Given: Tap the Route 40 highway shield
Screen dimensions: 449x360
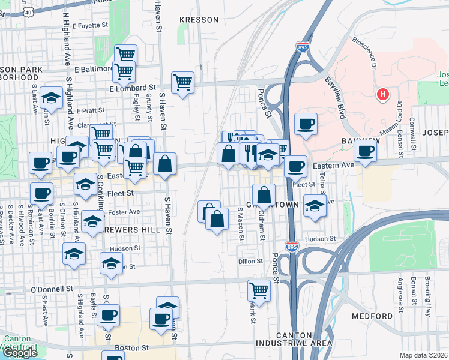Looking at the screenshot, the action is [28, 10].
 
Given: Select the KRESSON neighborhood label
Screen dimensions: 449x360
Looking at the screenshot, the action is [199, 20].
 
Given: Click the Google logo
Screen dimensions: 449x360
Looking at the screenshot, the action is [20, 353].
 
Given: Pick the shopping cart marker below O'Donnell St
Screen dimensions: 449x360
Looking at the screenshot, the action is [259, 290].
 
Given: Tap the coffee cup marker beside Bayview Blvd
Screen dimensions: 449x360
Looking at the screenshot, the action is [306, 124].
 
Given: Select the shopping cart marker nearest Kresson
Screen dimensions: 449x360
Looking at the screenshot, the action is [182, 82].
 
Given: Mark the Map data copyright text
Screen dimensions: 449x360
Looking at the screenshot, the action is [424, 355].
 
